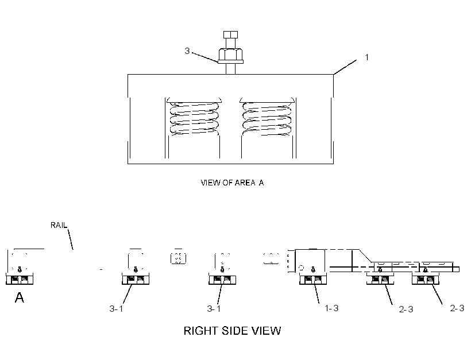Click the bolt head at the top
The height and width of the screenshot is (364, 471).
[230, 34]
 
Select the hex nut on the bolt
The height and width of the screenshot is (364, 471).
[230, 55]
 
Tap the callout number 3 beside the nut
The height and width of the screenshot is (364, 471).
[187, 51]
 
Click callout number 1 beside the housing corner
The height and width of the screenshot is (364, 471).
[367, 57]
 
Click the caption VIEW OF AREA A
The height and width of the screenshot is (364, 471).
[232, 183]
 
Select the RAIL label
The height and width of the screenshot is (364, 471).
[59, 225]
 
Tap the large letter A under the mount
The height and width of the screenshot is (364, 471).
[20, 297]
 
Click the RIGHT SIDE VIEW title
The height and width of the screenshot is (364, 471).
[232, 331]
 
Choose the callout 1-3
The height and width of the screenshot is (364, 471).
[331, 308]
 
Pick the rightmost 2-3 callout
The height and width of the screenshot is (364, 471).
[457, 308]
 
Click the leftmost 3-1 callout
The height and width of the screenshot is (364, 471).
[116, 309]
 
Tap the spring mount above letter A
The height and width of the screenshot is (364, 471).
[20, 279]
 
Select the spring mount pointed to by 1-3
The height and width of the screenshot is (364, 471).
[313, 279]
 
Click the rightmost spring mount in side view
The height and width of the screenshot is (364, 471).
[426, 279]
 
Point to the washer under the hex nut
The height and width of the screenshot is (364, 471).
[230, 62]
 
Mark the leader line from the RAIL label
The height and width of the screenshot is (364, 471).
[71, 239]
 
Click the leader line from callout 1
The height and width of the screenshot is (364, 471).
[345, 67]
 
